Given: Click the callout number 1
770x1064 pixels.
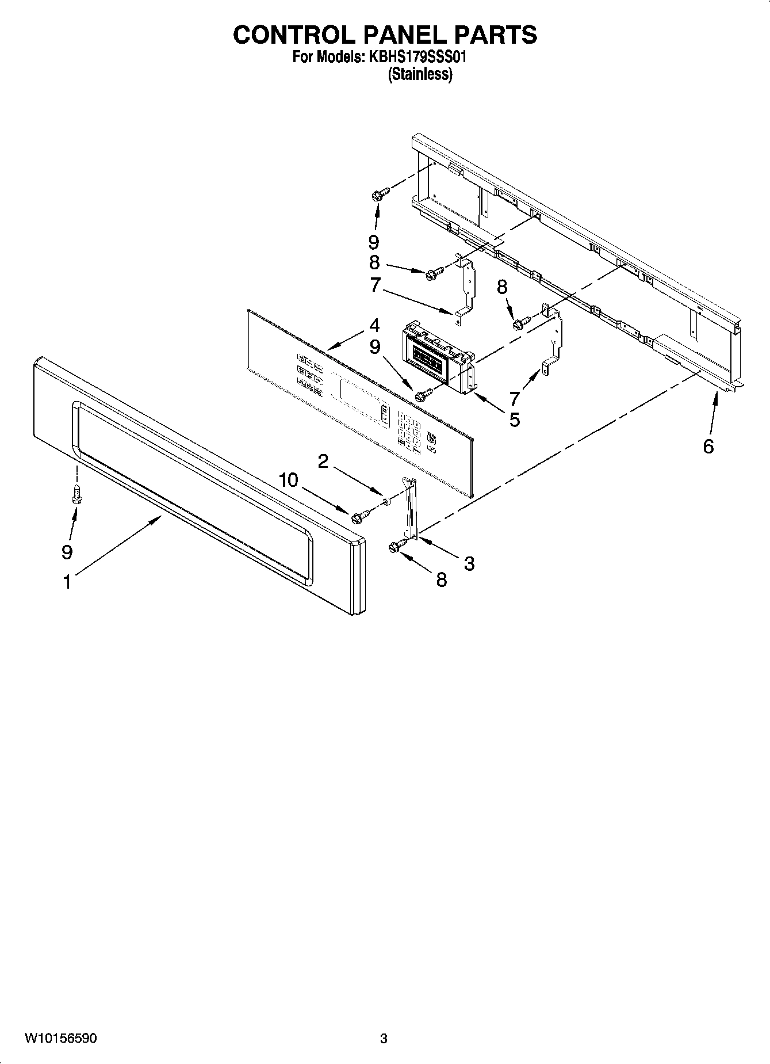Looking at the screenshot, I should tap(67, 582).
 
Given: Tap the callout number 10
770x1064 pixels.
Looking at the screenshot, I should tap(289, 479).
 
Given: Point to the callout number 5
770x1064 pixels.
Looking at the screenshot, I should tap(514, 420).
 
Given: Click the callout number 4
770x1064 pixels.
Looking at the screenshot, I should tap(374, 326).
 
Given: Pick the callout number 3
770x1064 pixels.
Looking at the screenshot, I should tap(469, 563).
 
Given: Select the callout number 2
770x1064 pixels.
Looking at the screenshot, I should tap(323, 461).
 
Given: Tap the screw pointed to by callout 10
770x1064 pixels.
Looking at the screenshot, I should tap(358, 517).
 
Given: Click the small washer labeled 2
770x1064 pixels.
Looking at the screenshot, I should tap(386, 502).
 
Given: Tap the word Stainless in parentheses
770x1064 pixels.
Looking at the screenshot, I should tap(420, 74).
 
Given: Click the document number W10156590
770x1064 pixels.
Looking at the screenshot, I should tap(60, 1039).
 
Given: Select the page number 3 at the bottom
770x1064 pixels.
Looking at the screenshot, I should tap(384, 1039).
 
